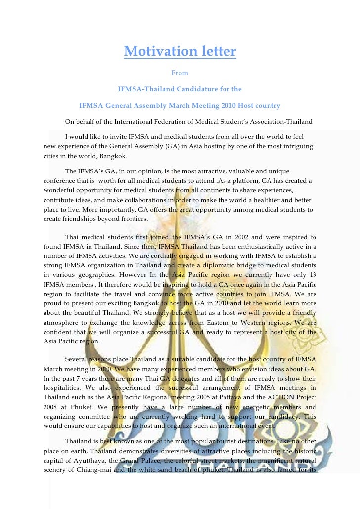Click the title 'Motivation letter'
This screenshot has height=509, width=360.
coord(180,51)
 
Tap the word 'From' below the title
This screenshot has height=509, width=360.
coord(180,73)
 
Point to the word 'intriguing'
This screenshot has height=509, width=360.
coord(295,146)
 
